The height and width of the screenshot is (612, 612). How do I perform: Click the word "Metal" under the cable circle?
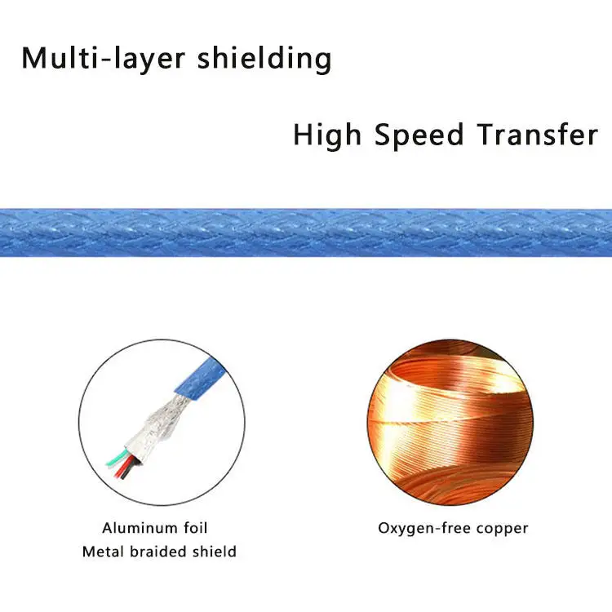point(103,552)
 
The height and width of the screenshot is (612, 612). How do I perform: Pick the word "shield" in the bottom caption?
point(215,552)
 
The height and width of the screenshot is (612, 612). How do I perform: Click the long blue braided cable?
point(306,233)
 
